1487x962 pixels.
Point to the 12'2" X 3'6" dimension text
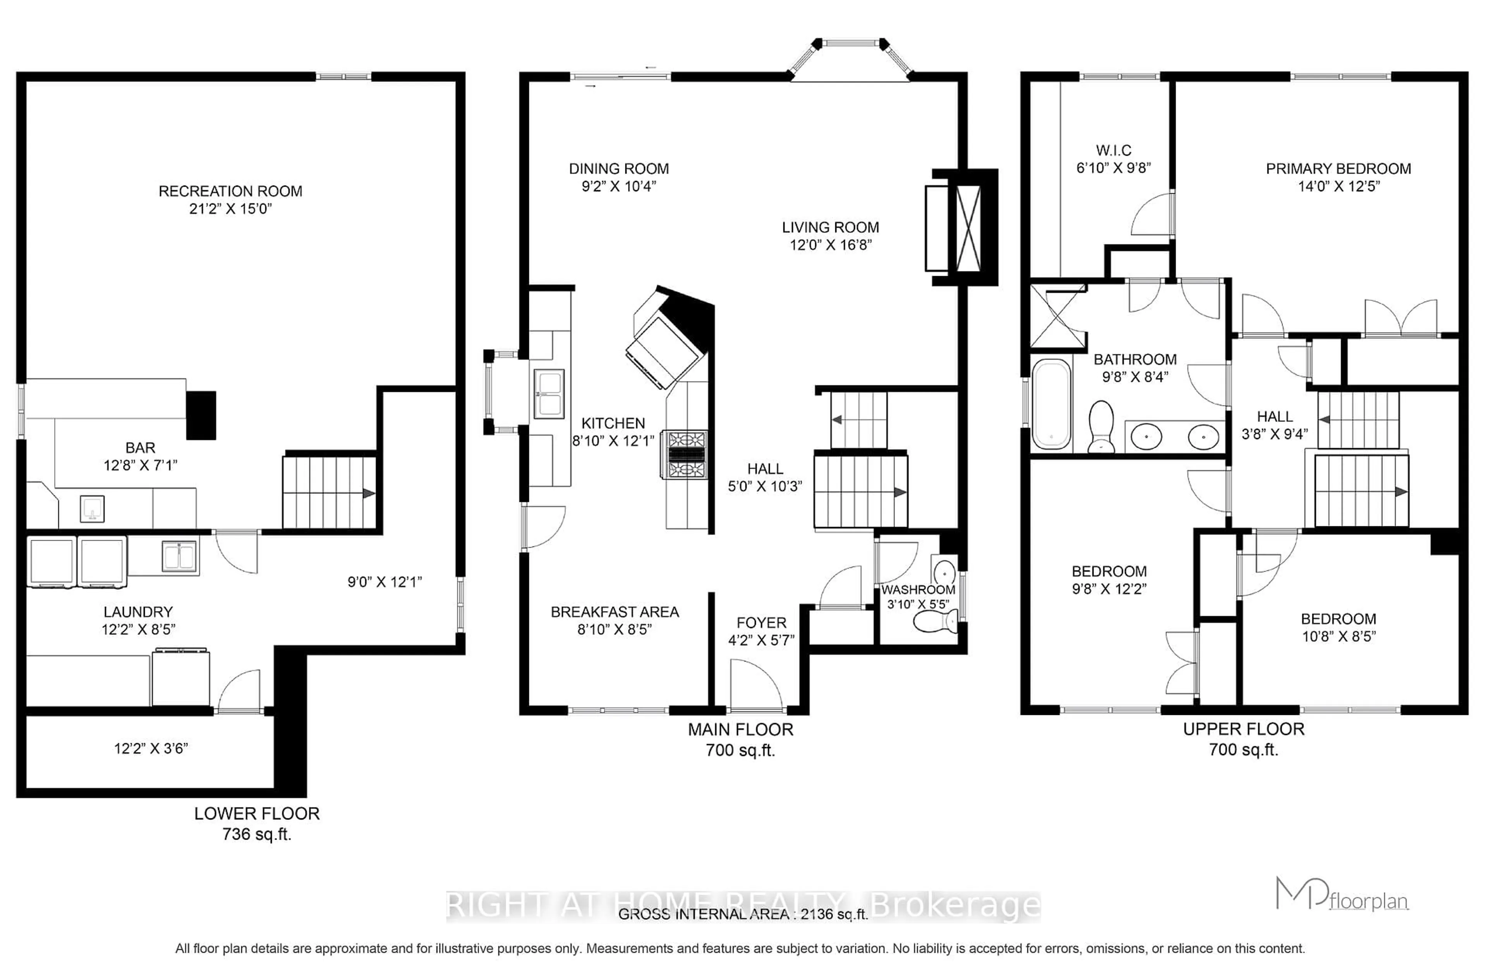pos(151,748)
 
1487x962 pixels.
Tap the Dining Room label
pos(618,169)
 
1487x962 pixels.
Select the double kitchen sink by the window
pos(548,393)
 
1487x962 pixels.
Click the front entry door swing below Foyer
pos(755,687)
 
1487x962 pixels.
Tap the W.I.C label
pos(1114,151)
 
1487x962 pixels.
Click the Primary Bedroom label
pos(1338,169)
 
